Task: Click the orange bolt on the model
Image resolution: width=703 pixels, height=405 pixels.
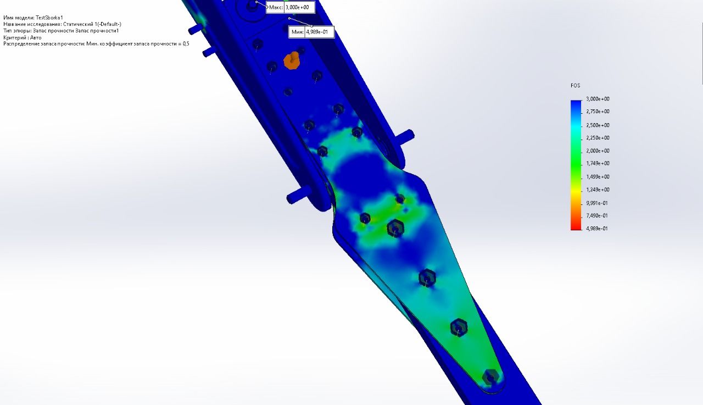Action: [x=292, y=60]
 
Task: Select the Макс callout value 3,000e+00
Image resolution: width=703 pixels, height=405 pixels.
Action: [x=297, y=7]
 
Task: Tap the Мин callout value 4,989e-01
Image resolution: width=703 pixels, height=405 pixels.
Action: [x=317, y=32]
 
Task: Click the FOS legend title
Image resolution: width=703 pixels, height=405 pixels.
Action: [x=575, y=85]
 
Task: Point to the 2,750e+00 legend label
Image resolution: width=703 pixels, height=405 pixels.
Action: [x=598, y=112]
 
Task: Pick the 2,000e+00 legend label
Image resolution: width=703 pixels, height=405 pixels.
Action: [x=598, y=151]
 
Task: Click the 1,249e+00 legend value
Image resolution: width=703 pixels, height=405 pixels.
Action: [x=598, y=190]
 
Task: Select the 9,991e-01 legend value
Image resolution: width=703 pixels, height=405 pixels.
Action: [x=597, y=203]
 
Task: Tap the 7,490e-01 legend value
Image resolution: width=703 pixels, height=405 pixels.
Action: [x=597, y=215]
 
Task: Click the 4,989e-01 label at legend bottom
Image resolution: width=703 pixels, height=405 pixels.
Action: [x=597, y=229]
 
